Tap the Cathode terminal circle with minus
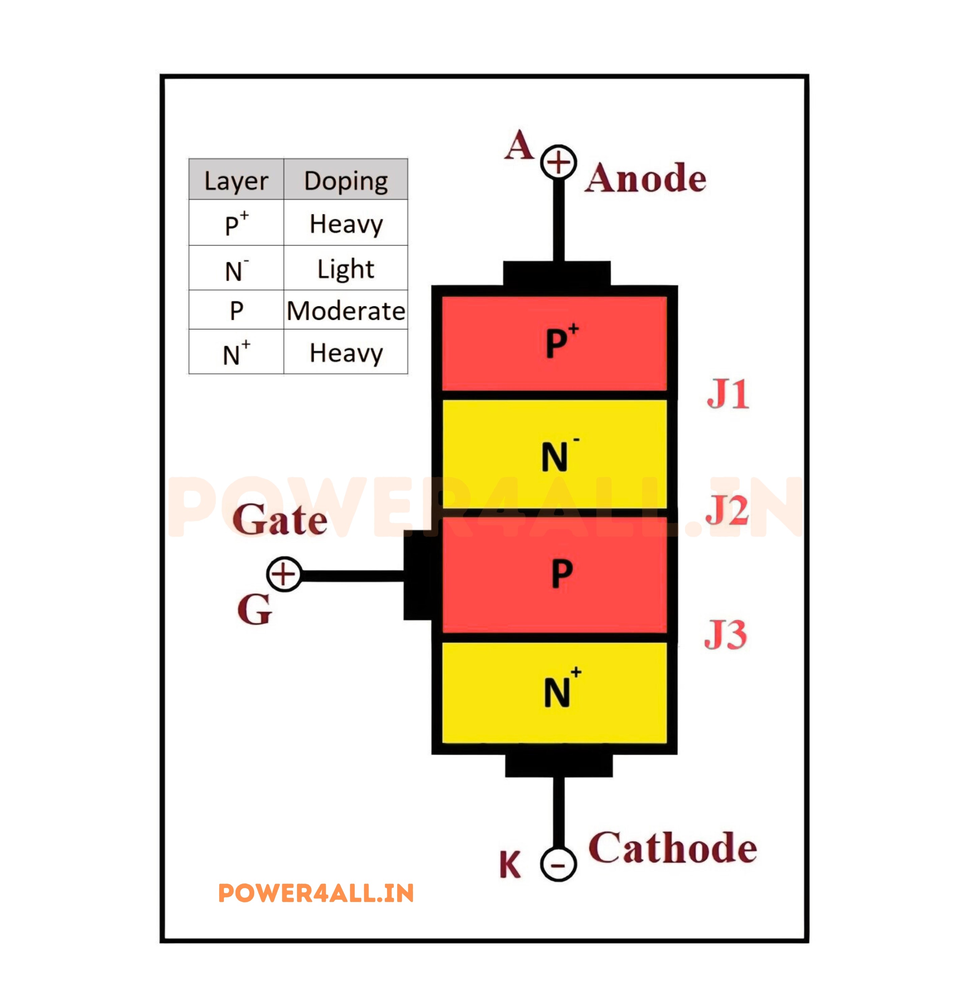[x=558, y=865]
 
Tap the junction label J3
[x=726, y=634]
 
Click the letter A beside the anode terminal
[x=519, y=145]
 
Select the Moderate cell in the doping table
[x=346, y=310]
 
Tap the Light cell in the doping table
[x=346, y=268]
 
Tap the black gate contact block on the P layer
[x=418, y=575]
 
